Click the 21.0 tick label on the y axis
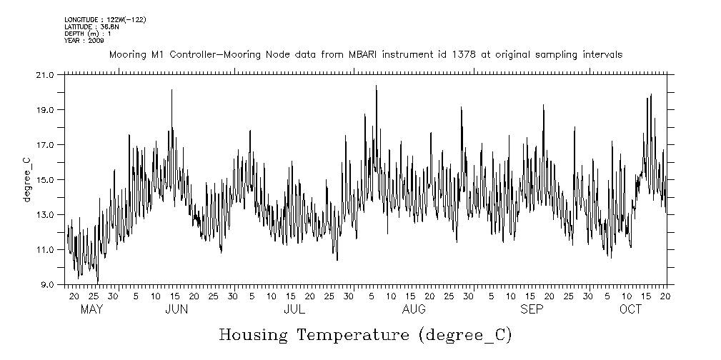pyautogui.click(x=45, y=75)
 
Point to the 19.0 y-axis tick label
pyautogui.click(x=45, y=110)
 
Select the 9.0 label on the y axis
pyautogui.click(x=47, y=285)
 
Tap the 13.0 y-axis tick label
pyautogui.click(x=45, y=215)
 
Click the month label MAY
pyautogui.click(x=92, y=309)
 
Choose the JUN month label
pyautogui.click(x=176, y=309)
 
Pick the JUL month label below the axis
pyautogui.click(x=294, y=309)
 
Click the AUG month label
pyautogui.click(x=414, y=309)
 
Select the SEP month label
pyautogui.click(x=532, y=309)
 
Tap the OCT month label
pyautogui.click(x=631, y=309)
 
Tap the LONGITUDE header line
pyautogui.click(x=105, y=19)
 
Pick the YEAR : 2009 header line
pyautogui.click(x=84, y=41)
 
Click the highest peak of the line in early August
pyautogui.click(x=376, y=86)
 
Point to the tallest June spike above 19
pyautogui.click(x=171, y=90)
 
